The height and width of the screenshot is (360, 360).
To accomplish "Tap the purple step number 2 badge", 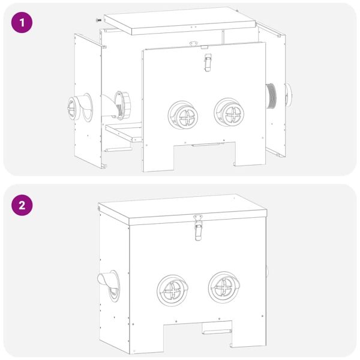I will [22, 205].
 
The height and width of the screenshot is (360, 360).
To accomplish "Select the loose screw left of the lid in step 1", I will [98, 20].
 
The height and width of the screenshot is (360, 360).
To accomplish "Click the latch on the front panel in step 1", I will [208, 62].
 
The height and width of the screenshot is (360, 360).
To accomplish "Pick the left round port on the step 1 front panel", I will [181, 113].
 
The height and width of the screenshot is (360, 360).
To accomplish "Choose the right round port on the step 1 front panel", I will [228, 112].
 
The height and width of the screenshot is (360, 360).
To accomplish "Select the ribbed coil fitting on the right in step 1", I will [272, 97].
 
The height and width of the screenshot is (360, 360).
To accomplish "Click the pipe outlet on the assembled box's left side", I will [108, 283].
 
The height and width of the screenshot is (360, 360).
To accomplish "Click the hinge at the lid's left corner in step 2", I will [98, 209].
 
